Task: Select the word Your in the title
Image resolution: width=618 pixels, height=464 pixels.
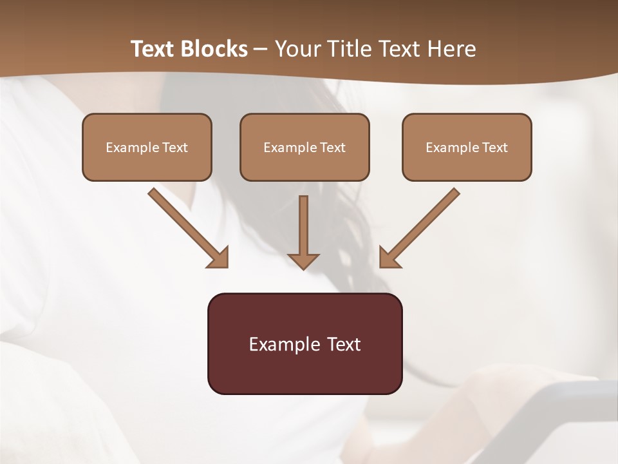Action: [x=297, y=49]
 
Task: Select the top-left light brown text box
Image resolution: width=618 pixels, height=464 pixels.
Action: [x=147, y=147]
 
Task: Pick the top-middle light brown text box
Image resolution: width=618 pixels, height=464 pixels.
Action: [x=304, y=147]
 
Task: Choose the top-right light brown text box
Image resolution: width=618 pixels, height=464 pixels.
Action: [x=467, y=147]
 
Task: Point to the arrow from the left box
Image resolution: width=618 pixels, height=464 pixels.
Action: [x=183, y=224]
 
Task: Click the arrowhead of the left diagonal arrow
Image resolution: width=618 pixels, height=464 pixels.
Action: [x=219, y=258]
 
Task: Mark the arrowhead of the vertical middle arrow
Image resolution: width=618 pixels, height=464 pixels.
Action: [x=303, y=260]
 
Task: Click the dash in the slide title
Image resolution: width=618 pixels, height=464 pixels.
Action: [x=261, y=49]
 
